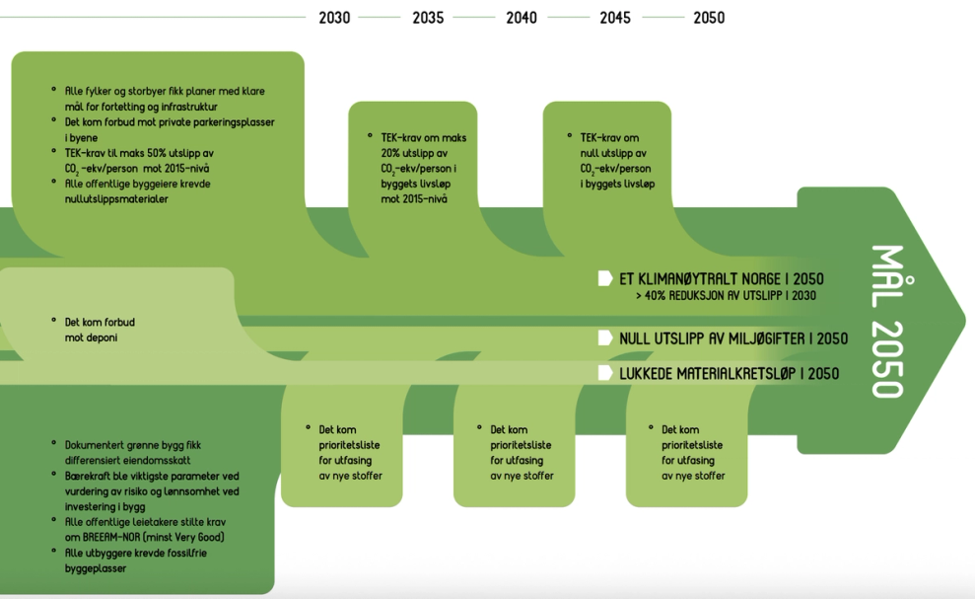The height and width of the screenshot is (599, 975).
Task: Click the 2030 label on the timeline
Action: tap(334, 18)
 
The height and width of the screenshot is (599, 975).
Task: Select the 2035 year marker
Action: tap(428, 18)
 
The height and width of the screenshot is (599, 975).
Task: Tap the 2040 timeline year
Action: tap(522, 18)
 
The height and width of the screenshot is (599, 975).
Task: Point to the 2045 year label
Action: tap(615, 18)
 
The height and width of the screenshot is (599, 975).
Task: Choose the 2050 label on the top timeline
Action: tap(709, 18)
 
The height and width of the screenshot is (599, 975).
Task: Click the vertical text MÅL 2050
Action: tap(886, 322)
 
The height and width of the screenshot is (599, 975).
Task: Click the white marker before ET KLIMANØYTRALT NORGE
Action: tap(605, 279)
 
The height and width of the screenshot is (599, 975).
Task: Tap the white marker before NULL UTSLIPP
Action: tap(605, 338)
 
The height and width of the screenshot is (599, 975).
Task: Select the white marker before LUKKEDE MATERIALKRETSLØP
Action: tap(605, 373)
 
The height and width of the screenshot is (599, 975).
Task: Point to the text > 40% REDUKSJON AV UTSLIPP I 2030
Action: tap(726, 296)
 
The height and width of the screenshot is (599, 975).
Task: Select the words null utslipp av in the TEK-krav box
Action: tap(613, 153)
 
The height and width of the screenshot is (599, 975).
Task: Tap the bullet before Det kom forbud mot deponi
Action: tap(54, 321)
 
